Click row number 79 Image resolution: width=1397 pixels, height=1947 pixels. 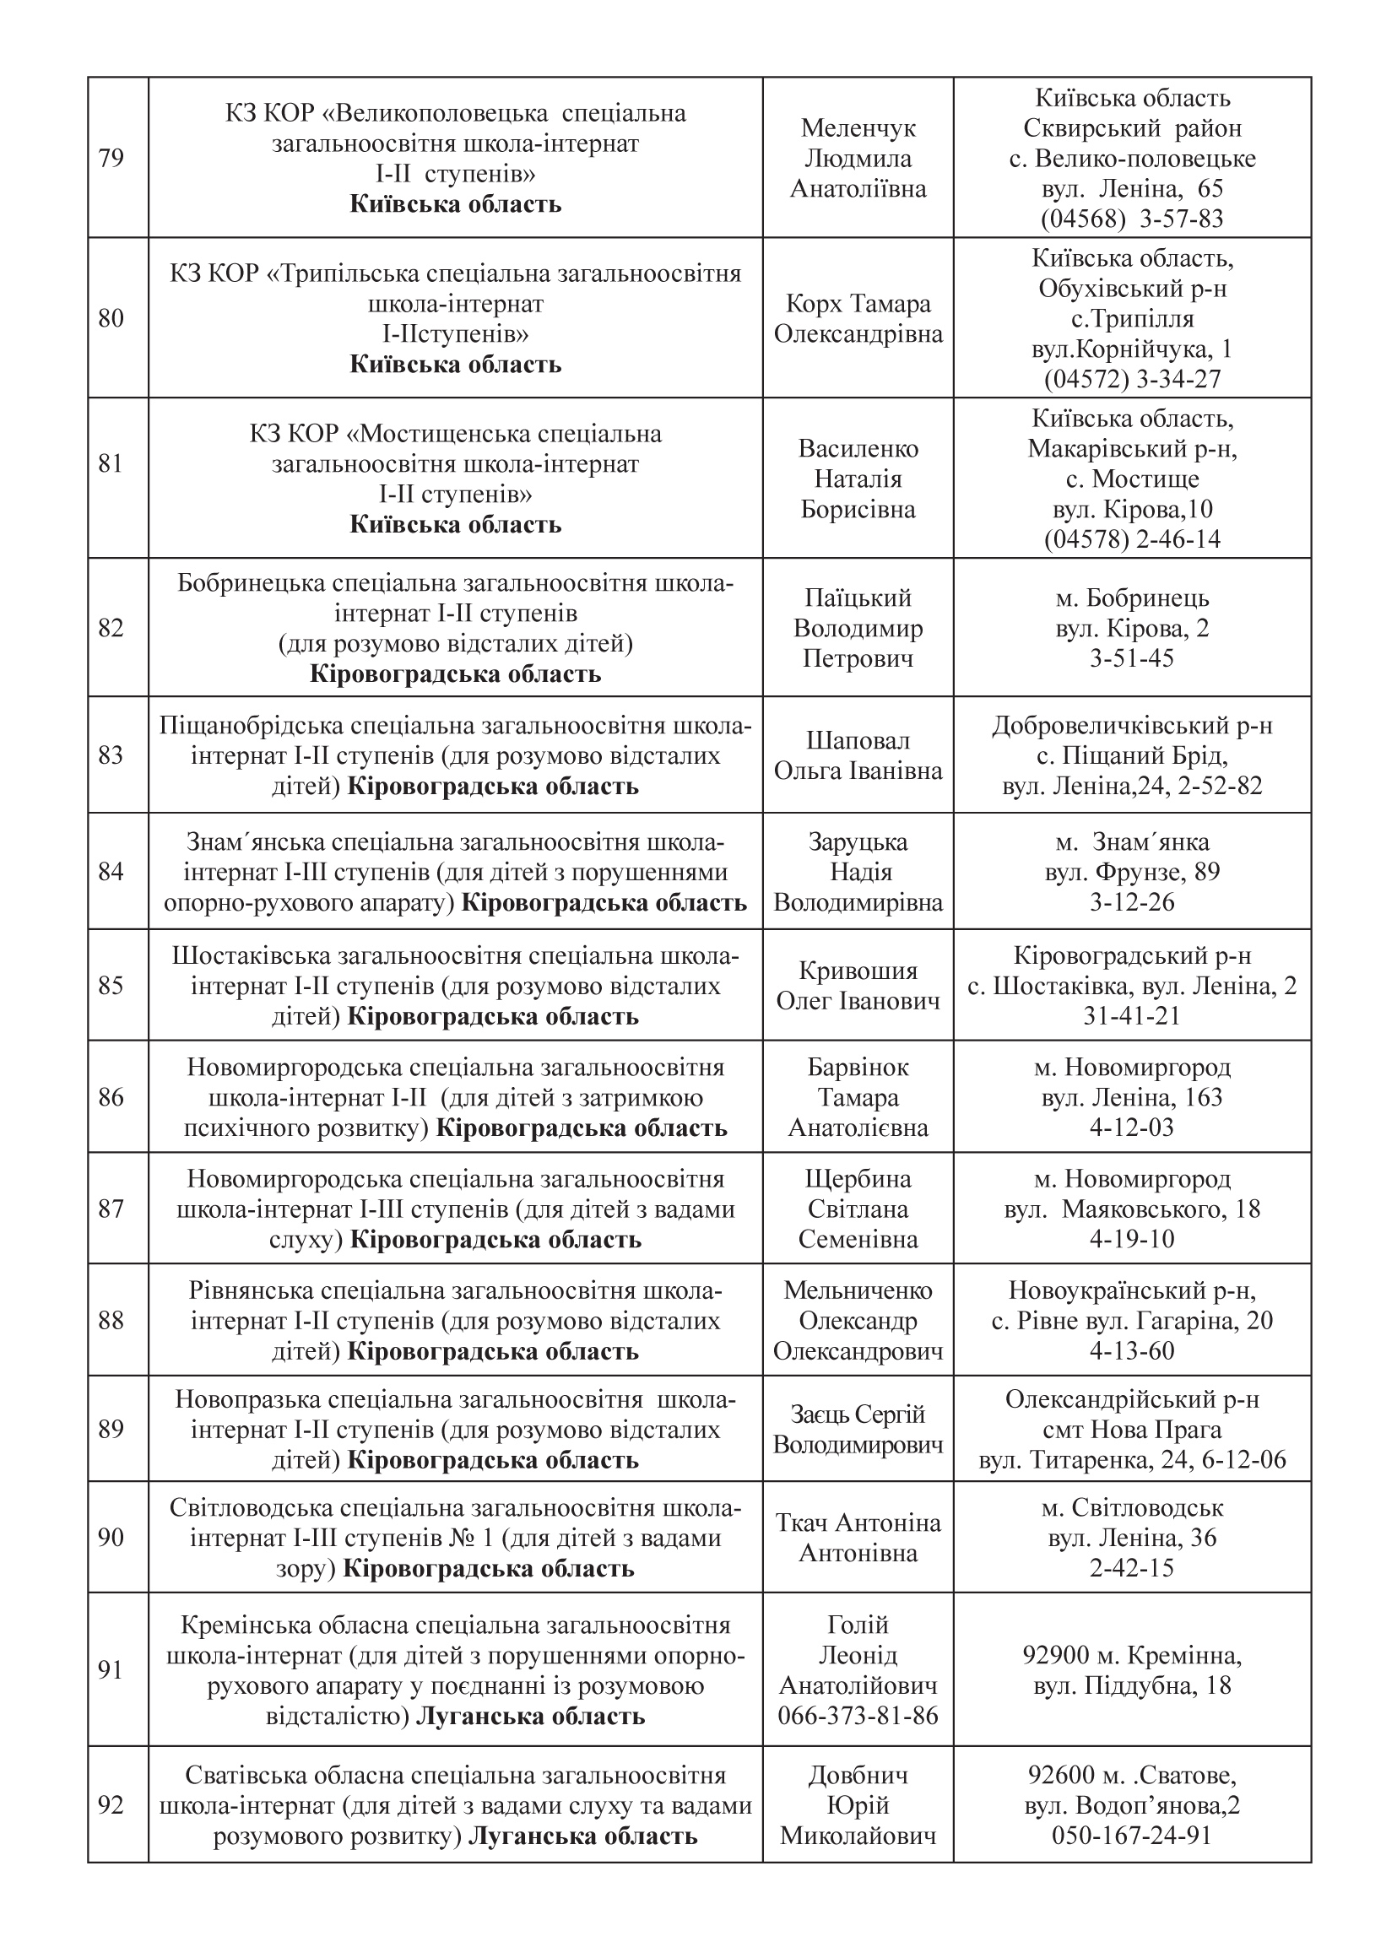point(111,159)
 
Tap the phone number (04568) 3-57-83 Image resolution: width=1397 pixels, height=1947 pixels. point(1132,219)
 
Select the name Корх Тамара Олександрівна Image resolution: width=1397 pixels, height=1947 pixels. point(858,318)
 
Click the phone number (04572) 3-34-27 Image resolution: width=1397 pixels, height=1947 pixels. point(1132,380)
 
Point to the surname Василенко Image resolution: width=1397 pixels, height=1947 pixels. point(858,448)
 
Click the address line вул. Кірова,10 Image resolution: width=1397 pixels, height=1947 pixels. point(1132,509)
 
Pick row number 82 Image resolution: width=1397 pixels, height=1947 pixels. point(111,628)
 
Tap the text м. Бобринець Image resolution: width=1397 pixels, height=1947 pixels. point(1132,598)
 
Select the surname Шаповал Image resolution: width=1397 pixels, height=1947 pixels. point(858,740)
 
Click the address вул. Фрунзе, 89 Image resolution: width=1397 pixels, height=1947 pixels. point(1132,872)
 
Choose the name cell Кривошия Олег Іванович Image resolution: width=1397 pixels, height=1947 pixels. point(858,986)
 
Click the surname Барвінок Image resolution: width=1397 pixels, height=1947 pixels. point(858,1067)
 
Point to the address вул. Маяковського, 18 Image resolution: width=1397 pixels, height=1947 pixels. point(1132,1209)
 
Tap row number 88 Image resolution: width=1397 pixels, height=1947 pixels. point(111,1320)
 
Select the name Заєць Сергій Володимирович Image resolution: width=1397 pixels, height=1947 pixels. point(858,1430)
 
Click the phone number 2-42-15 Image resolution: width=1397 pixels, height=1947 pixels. point(1132,1567)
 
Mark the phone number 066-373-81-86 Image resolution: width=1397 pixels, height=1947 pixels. point(858,1716)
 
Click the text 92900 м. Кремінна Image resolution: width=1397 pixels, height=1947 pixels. point(1132,1654)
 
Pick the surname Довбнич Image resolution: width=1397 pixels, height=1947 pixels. point(858,1776)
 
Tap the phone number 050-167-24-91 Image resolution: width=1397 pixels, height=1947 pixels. point(1132,1836)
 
